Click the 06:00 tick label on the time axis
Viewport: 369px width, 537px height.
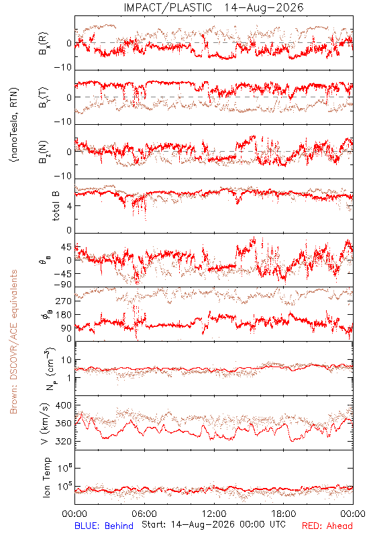click(x=144, y=514)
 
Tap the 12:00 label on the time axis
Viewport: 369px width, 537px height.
click(x=214, y=514)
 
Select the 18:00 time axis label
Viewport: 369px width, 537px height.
click(x=284, y=514)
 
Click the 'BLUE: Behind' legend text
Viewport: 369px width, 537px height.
click(x=104, y=526)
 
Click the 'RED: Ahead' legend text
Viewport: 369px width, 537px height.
click(x=327, y=526)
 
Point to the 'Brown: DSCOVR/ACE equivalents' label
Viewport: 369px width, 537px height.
click(x=13, y=342)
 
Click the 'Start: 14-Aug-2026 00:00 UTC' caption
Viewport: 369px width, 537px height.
click(x=213, y=524)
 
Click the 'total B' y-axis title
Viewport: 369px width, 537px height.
click(x=56, y=206)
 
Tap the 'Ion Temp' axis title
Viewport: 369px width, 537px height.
click(x=46, y=477)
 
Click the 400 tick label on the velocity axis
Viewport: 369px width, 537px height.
click(x=63, y=405)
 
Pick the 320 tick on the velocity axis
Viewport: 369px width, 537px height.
click(x=63, y=441)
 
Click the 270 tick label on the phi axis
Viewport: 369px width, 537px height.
click(x=63, y=301)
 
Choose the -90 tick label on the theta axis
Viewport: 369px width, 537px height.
click(x=63, y=285)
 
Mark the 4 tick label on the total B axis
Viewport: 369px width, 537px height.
click(x=69, y=206)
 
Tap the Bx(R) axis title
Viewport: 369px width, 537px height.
click(x=44, y=44)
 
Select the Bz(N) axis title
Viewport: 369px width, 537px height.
click(x=44, y=152)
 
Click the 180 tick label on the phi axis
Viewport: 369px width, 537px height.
click(x=63, y=314)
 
